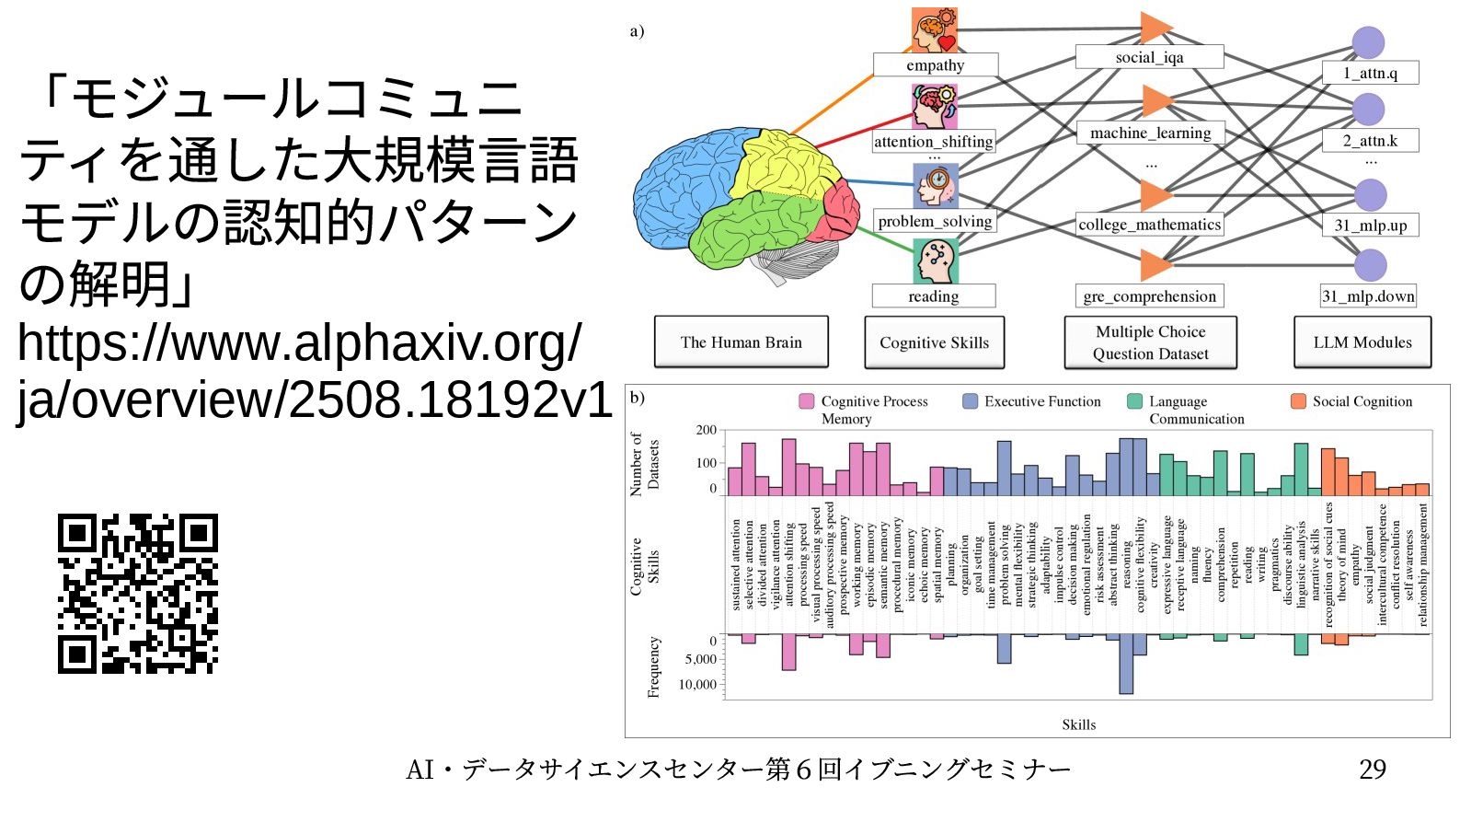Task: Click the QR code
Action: [x=138, y=594]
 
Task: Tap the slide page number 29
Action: [x=1372, y=770]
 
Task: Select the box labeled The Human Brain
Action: [x=741, y=342]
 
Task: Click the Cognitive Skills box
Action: [x=934, y=342]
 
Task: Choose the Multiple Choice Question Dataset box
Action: [x=1150, y=342]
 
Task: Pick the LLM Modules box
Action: [x=1362, y=342]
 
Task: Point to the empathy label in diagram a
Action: [x=935, y=65]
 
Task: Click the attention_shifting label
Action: [x=933, y=142]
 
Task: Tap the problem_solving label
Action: [x=935, y=221]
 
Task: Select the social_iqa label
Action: [x=1149, y=57]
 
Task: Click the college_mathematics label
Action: [x=1149, y=225]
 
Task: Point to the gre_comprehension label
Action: [x=1149, y=296]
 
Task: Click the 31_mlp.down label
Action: [x=1368, y=296]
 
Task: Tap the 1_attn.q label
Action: [x=1370, y=73]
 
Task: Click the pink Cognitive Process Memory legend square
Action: [x=807, y=401]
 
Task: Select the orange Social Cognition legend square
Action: [x=1298, y=401]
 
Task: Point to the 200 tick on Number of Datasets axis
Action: [x=706, y=430]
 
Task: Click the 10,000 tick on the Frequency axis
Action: [x=697, y=685]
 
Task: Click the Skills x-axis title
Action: [x=1078, y=724]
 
